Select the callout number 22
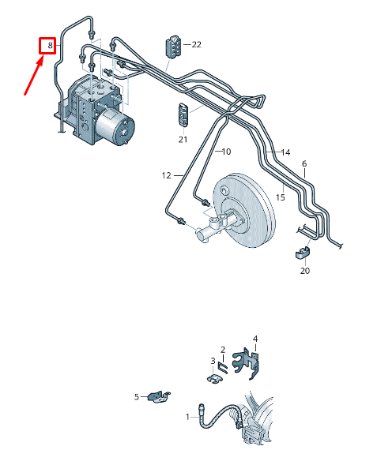pos(196,45)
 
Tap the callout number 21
pos(183,139)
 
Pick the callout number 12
pos(167,175)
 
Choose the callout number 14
pos(285,152)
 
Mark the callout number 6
pos(303,164)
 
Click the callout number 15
pos(280,197)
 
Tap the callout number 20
pos(305,271)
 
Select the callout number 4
pos(255,339)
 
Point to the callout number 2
pos(223,349)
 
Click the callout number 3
pos(213,361)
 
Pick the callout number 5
pos(136,396)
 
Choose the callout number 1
pos(188,416)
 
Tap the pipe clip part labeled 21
pos(183,115)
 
